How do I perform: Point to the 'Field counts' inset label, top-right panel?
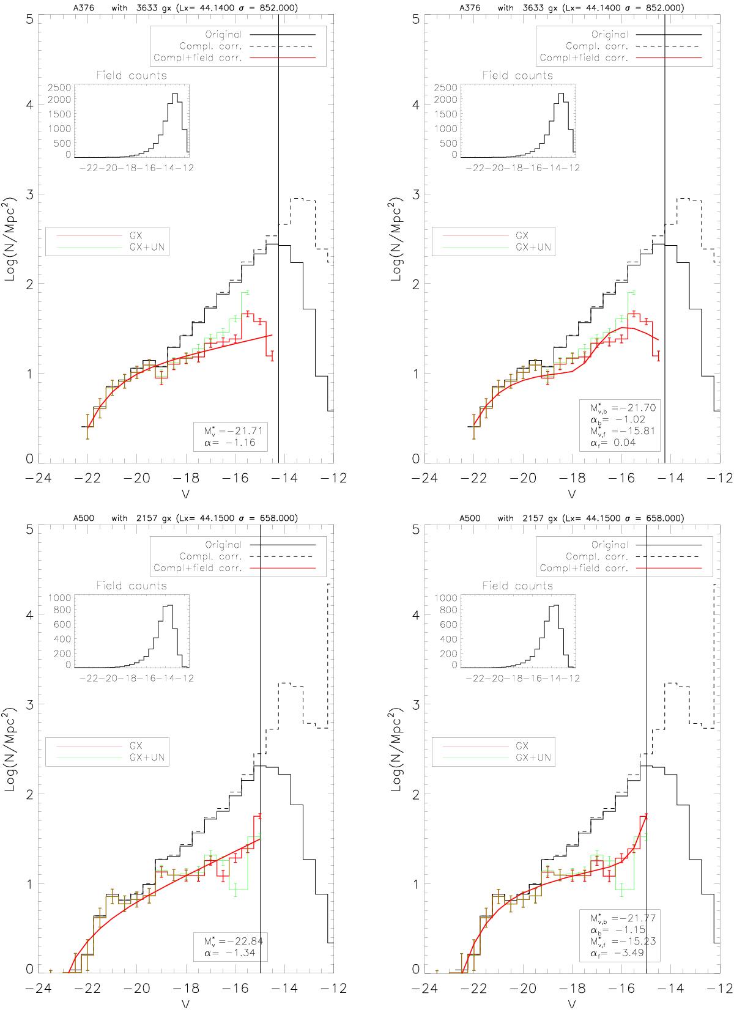pos(517,76)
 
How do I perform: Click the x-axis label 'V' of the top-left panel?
pos(186,493)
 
